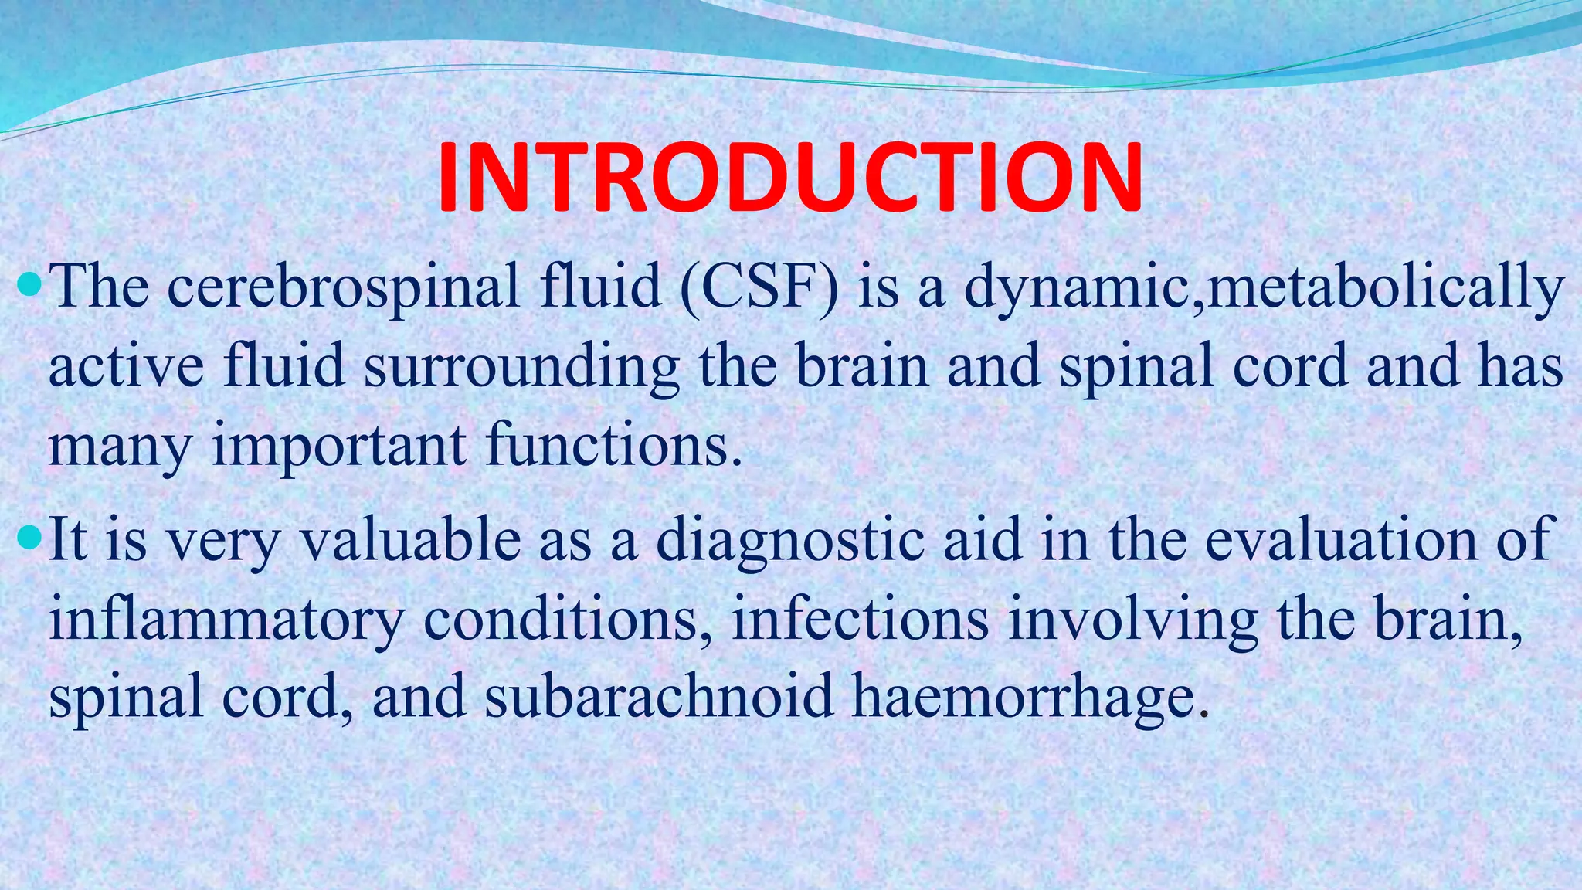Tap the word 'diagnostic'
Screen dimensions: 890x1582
[790, 541]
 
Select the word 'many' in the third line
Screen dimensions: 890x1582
[118, 448]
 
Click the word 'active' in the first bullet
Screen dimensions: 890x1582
[126, 367]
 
